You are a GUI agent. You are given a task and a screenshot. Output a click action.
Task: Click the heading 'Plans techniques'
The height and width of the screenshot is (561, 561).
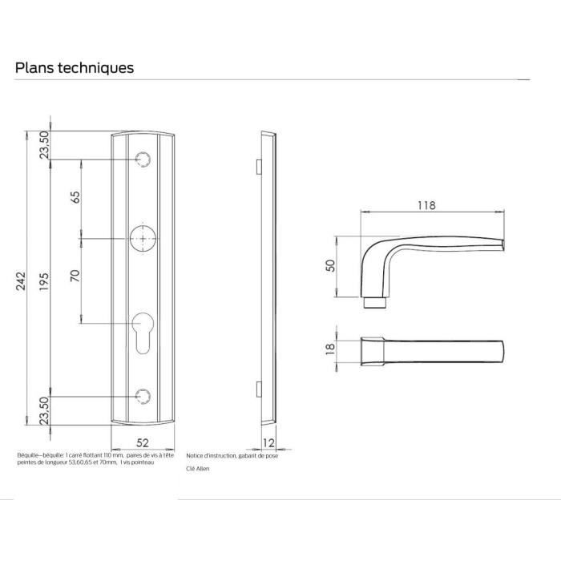75,68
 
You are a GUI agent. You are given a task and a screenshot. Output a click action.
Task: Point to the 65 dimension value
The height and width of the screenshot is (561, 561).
75,198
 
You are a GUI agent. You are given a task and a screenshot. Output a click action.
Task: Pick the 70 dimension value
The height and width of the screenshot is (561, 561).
75,278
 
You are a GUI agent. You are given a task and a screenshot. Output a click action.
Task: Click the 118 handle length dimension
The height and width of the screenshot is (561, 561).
426,205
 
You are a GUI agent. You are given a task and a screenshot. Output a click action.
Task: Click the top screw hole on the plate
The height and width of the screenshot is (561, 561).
143,159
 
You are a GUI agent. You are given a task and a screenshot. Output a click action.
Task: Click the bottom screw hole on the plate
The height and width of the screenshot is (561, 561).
143,395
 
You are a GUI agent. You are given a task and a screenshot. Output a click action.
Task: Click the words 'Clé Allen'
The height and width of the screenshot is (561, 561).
197,469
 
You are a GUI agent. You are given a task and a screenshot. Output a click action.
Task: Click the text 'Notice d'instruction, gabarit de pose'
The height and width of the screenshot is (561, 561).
232,455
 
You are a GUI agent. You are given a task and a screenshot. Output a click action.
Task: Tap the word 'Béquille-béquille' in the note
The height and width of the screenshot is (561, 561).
36,454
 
